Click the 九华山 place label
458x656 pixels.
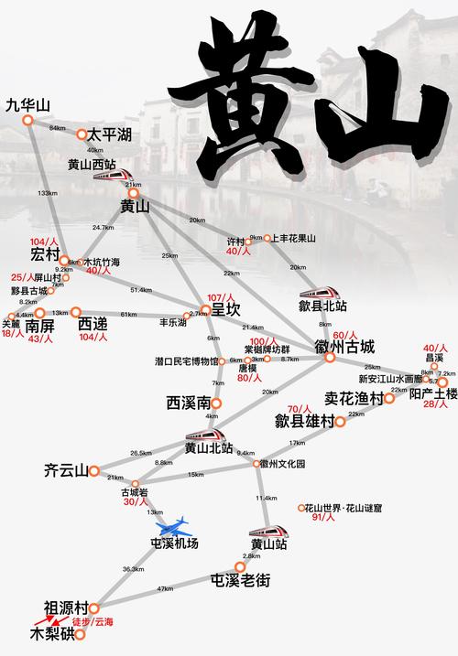[x=26, y=104]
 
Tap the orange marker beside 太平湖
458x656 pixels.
[x=81, y=134]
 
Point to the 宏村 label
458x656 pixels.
[x=44, y=253]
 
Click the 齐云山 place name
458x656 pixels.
[x=65, y=471]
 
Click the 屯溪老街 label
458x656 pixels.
[x=241, y=579]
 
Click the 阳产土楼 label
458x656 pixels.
[x=433, y=394]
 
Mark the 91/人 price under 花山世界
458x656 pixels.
[x=326, y=518]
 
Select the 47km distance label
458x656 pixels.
[x=165, y=588]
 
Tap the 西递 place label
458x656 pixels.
[x=93, y=324]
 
